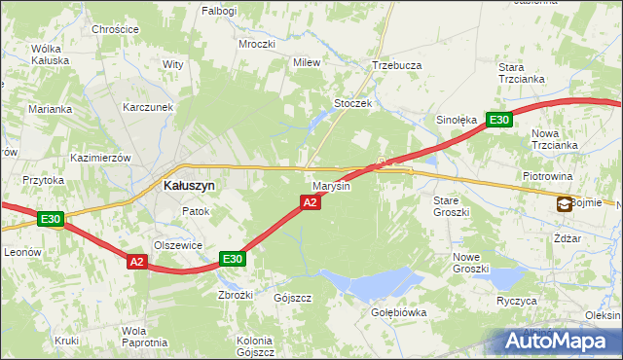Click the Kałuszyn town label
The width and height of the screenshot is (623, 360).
click(x=189, y=185)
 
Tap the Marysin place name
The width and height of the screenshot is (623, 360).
click(x=331, y=185)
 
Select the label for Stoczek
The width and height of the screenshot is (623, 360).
click(x=353, y=103)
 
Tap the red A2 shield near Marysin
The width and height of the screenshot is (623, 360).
click(x=310, y=201)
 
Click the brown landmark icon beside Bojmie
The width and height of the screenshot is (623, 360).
click(x=565, y=203)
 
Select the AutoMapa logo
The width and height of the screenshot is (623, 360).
click(x=560, y=341)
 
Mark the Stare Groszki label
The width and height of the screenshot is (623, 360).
click(x=452, y=205)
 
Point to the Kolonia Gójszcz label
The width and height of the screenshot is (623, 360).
click(x=256, y=346)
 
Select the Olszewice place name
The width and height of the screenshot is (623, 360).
click(x=178, y=246)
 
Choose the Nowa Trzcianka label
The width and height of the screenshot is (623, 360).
click(x=555, y=139)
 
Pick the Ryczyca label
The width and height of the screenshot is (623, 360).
click(x=517, y=301)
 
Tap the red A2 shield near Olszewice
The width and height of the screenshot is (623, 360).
click(x=136, y=261)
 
